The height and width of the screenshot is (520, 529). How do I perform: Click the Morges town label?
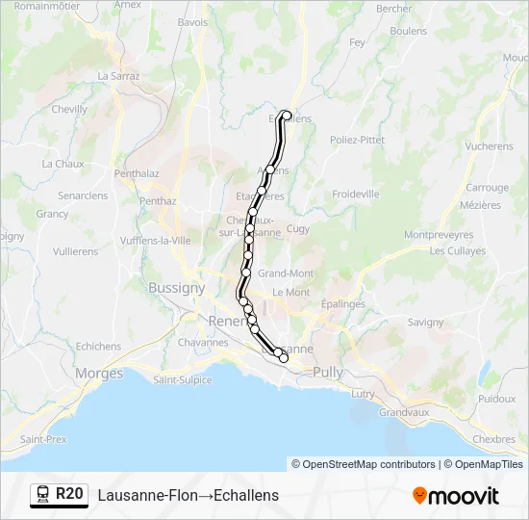click(x=99, y=373)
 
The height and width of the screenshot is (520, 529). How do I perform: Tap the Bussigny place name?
click(x=176, y=287)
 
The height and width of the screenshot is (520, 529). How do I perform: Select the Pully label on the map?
click(x=328, y=372)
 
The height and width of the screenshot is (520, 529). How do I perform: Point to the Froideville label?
click(x=356, y=194)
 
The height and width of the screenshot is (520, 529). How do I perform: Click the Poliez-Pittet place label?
click(x=357, y=140)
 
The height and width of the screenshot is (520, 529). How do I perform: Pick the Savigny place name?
click(x=426, y=323)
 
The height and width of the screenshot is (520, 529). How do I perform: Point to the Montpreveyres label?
click(x=439, y=234)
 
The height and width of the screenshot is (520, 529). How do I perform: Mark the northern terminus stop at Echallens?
click(x=286, y=116)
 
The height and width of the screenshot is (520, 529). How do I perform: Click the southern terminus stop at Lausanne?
click(x=283, y=358)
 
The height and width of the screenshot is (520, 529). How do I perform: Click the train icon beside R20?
click(x=43, y=495)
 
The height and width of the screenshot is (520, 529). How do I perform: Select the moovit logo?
click(x=456, y=496)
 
